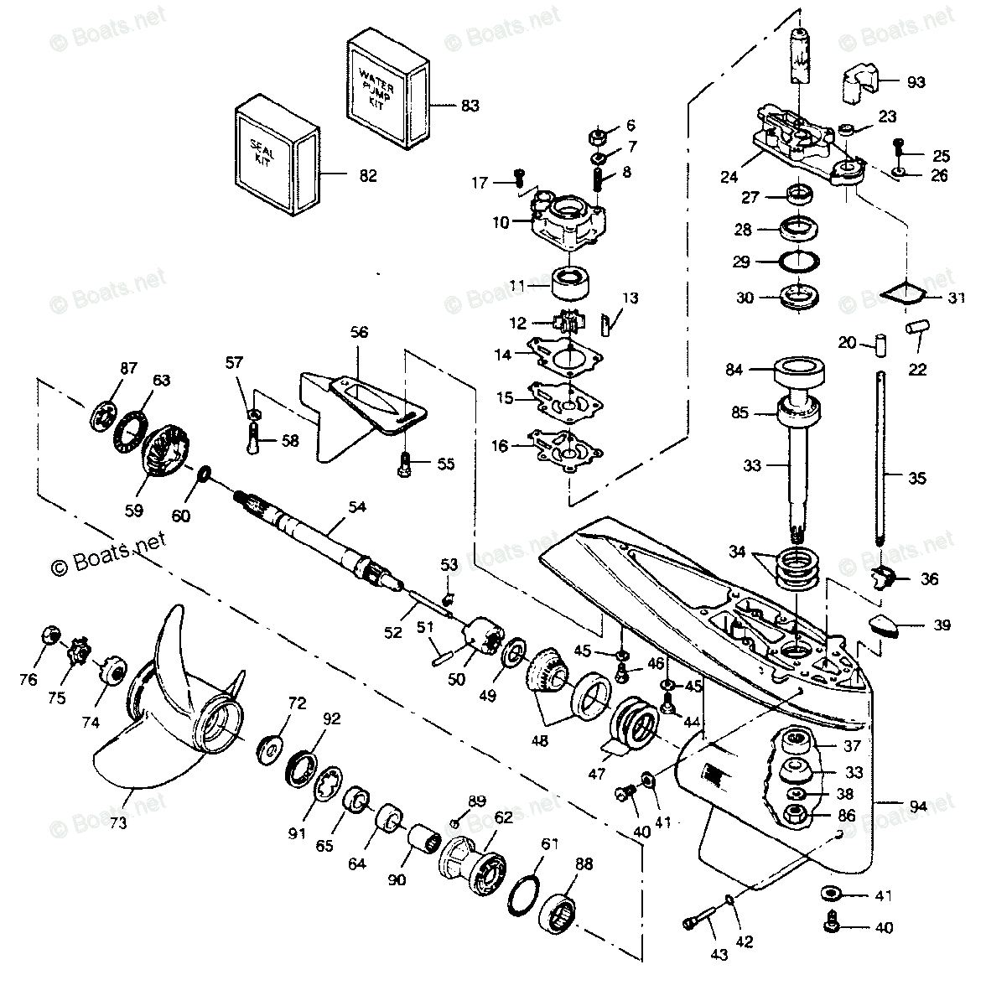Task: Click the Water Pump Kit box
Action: pyautogui.click(x=385, y=88)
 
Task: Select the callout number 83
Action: pyautogui.click(x=470, y=106)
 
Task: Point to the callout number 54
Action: pyautogui.click(x=358, y=507)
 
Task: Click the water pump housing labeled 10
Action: pyautogui.click(x=568, y=220)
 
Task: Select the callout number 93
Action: pyautogui.click(x=916, y=82)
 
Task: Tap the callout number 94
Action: pyautogui.click(x=919, y=806)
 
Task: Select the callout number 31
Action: pyautogui.click(x=956, y=298)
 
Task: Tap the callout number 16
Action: pyautogui.click(x=500, y=447)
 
